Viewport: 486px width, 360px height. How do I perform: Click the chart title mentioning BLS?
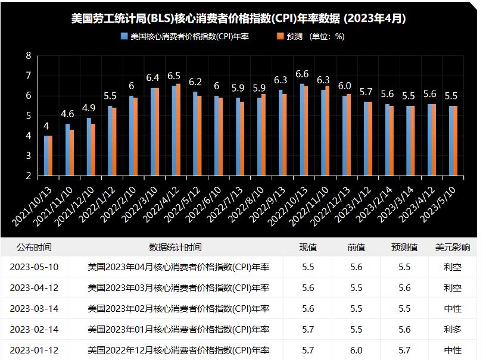(x=238, y=18)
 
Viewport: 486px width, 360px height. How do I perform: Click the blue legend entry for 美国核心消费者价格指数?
(x=185, y=36)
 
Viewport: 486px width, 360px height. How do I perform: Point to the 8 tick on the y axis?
(x=28, y=56)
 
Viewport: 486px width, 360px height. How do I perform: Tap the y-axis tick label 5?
(x=28, y=116)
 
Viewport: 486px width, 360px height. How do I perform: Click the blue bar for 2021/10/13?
(x=46, y=156)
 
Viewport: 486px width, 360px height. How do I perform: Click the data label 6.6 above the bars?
(x=302, y=74)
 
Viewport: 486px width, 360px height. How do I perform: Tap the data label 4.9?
(x=89, y=108)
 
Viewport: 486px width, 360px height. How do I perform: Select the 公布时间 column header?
(x=34, y=247)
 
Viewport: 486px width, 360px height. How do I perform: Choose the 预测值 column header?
(x=404, y=247)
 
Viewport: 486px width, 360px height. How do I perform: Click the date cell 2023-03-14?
(x=34, y=308)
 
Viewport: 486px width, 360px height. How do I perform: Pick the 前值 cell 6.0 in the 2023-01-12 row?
(x=356, y=350)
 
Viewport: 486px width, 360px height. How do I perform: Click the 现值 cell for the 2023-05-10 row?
(x=308, y=267)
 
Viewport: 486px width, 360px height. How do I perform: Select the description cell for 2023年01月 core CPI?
(x=178, y=329)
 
